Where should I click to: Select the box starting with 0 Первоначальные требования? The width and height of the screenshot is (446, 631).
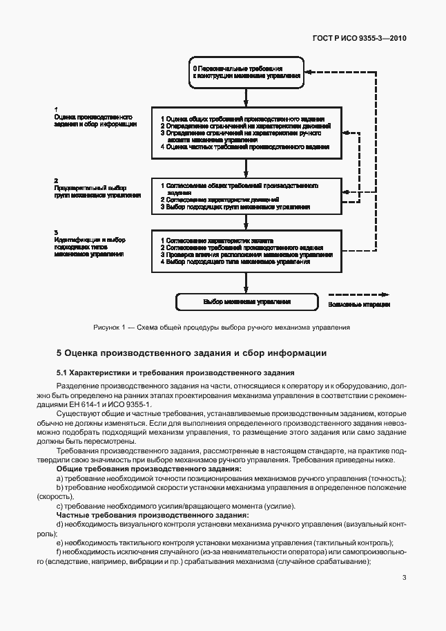pos(246,73)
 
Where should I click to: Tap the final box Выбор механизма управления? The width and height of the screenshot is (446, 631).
pos(246,302)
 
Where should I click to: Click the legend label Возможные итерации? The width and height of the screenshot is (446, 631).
pos(359,304)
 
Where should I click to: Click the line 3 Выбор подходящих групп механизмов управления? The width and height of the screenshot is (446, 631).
pos(235,207)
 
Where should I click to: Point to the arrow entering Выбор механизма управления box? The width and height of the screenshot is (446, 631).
pos(246,283)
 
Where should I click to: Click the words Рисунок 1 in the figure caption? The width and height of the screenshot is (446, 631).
pos(109,327)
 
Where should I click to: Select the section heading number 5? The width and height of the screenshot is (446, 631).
pos(59,352)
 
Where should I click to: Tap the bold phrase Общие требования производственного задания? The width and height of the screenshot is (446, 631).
pos(148,469)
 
